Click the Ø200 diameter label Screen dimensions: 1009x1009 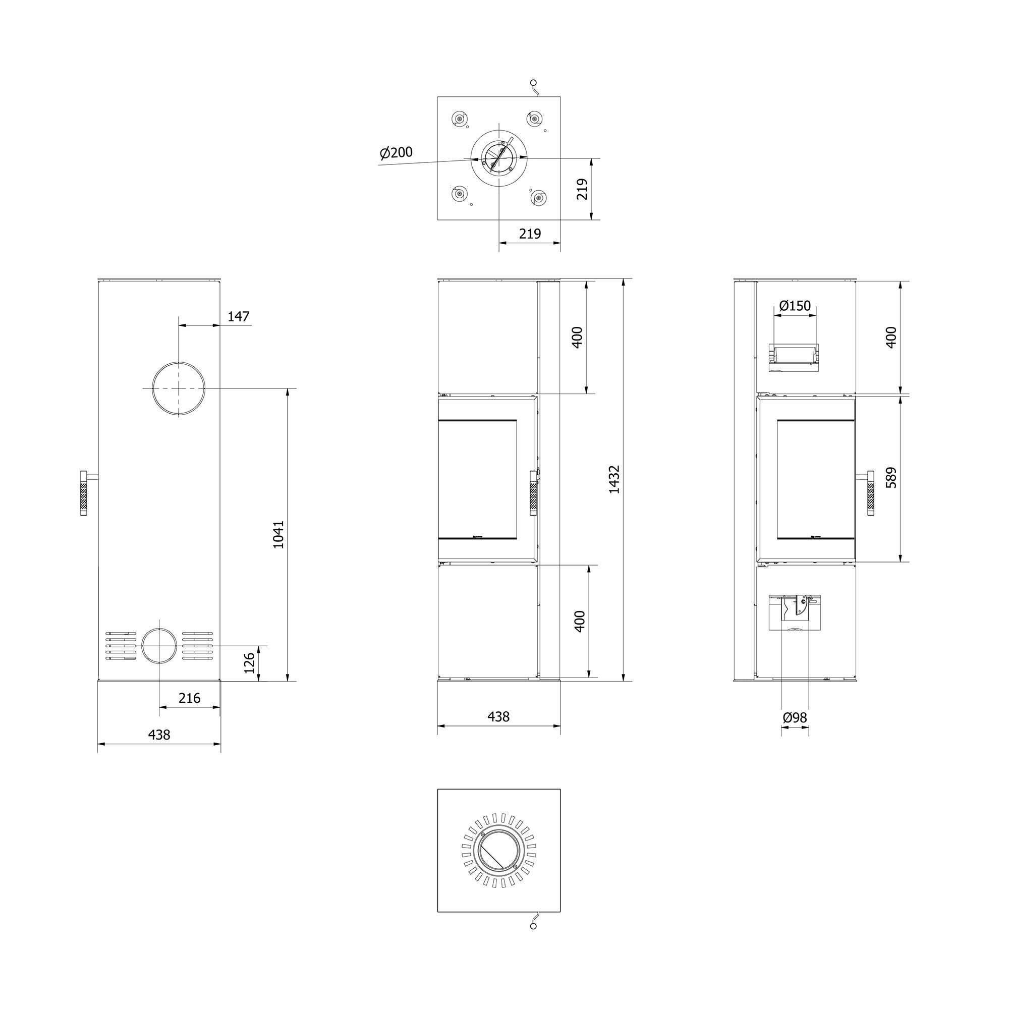397,152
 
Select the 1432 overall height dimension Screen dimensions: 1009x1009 614,479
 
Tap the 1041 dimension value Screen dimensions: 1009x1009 278,534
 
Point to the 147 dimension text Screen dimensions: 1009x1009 239,316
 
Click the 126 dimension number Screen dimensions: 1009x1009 250,663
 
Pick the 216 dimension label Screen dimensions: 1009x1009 189,698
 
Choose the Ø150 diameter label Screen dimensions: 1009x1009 795,306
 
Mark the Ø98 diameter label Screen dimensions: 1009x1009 795,718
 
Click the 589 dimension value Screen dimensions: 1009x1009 891,477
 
